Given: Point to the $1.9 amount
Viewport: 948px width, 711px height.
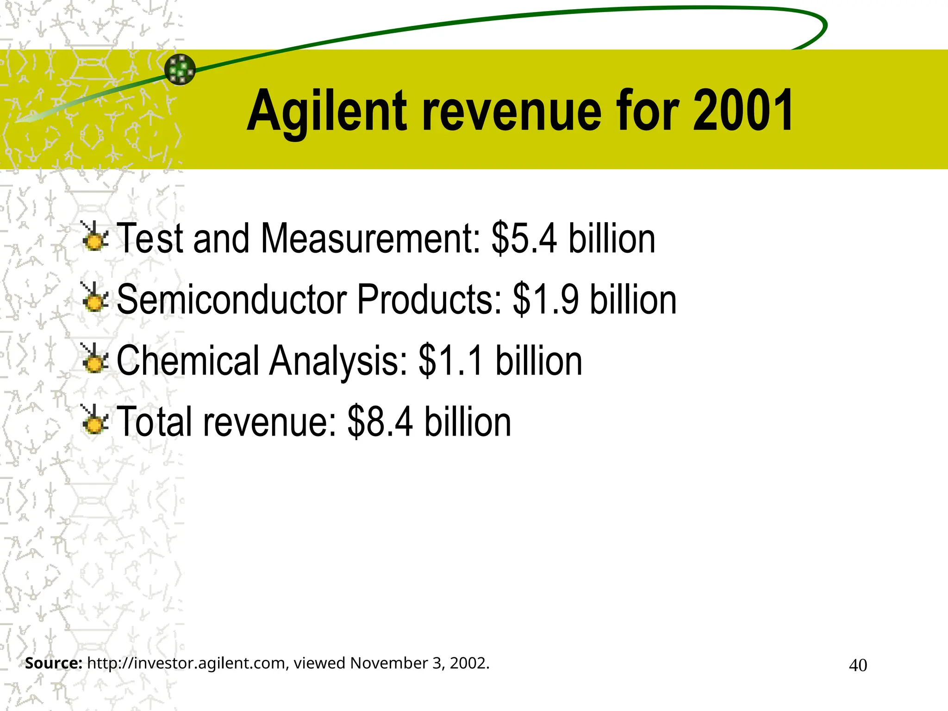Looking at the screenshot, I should coord(546,299).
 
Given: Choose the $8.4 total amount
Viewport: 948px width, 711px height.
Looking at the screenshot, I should coord(380,422).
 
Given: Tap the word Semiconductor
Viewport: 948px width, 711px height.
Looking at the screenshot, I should coord(231,299).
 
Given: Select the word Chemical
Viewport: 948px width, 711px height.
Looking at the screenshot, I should coord(187,361).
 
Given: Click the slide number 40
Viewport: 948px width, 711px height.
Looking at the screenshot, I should coord(858,665).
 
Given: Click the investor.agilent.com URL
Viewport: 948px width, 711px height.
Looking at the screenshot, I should coord(188,663).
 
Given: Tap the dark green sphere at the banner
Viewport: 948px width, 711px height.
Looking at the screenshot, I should coord(180,69).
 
